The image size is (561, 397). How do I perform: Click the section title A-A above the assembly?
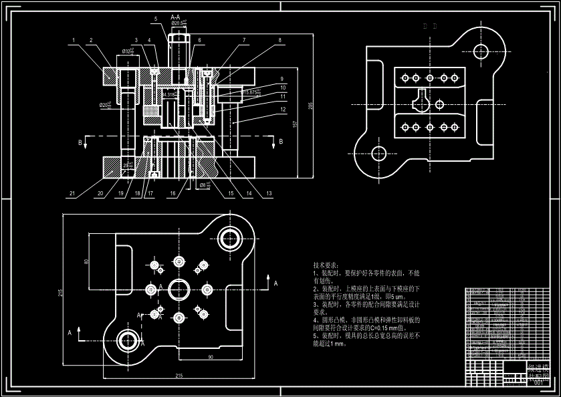[x=175, y=16]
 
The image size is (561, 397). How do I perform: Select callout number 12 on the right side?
[x=284, y=109]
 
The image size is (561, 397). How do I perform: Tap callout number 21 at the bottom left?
[x=72, y=194]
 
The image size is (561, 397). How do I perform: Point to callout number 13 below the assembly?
[x=269, y=194]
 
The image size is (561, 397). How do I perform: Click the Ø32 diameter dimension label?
[x=126, y=51]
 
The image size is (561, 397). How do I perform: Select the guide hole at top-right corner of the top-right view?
[x=480, y=50]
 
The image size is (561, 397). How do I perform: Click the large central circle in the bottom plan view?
[x=179, y=289]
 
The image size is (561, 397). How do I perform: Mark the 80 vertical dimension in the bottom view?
[x=86, y=261]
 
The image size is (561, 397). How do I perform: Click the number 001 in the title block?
[x=539, y=382]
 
